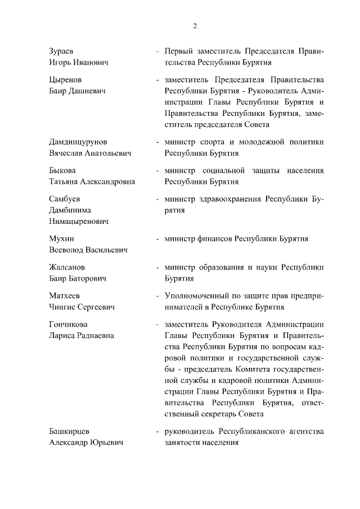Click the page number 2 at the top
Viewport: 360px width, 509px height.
pos(195,26)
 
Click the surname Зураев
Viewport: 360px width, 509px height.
pos(62,51)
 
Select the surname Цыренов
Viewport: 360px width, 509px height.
pos(65,79)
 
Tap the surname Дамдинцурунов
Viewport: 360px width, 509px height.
pos(78,141)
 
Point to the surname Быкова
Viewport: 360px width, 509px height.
pos(62,170)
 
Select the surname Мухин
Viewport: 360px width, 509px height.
pos(61,238)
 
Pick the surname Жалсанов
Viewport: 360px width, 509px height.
pos(67,267)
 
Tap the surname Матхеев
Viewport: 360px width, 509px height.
pos(65,295)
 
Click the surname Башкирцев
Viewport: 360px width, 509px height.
pos(70,431)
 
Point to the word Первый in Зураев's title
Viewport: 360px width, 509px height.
pos(178,51)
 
